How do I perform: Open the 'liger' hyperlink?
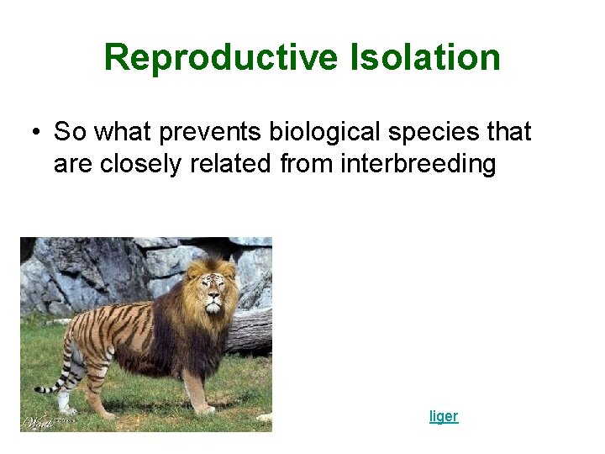point(444,416)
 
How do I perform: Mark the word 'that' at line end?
point(510,132)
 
